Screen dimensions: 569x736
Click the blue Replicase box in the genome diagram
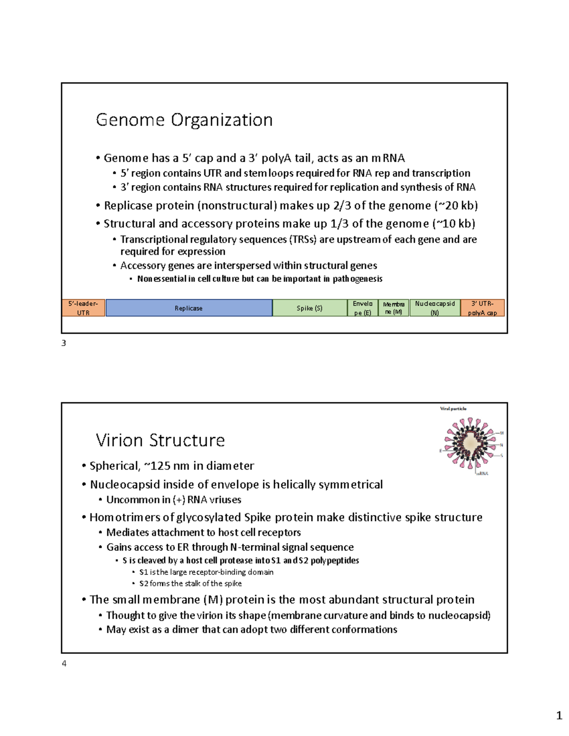[189, 308]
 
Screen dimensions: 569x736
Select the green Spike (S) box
[310, 308]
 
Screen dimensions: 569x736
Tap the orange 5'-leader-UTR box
[83, 308]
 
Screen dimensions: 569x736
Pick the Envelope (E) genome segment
[363, 308]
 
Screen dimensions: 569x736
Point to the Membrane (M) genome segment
[394, 308]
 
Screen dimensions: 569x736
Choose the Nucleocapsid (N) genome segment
[435, 308]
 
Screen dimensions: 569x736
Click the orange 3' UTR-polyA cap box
[482, 308]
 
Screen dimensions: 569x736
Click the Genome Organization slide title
[184, 120]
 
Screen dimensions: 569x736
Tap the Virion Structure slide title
[160, 440]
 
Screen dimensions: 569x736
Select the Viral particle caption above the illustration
[453, 409]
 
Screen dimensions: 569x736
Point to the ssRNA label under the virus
[482, 473]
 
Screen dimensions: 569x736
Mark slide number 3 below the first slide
[64, 343]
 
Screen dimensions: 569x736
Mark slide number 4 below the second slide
[64, 663]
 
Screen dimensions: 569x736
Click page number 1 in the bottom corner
[559, 716]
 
